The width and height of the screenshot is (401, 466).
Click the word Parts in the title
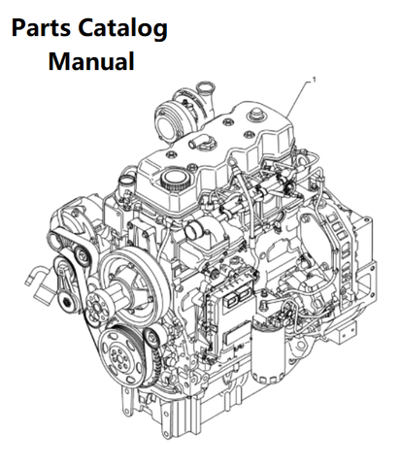coord(41,28)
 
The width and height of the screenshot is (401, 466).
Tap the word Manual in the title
coord(91,61)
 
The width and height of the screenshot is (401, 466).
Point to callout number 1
coord(314,79)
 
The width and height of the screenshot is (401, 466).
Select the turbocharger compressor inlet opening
coord(165,119)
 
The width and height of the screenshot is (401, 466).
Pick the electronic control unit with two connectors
coord(230,317)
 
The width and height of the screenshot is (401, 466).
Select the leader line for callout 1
coord(299,98)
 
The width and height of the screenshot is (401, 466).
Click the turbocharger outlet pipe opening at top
coord(204,86)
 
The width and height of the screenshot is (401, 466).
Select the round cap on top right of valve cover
coord(253,116)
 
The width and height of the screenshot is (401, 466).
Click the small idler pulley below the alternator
coord(80,255)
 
